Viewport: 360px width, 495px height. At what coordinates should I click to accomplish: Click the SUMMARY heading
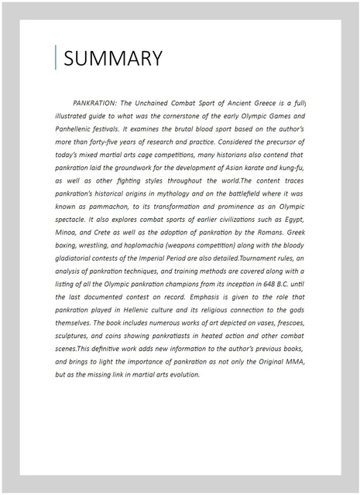113,59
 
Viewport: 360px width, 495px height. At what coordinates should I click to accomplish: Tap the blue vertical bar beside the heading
56,58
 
